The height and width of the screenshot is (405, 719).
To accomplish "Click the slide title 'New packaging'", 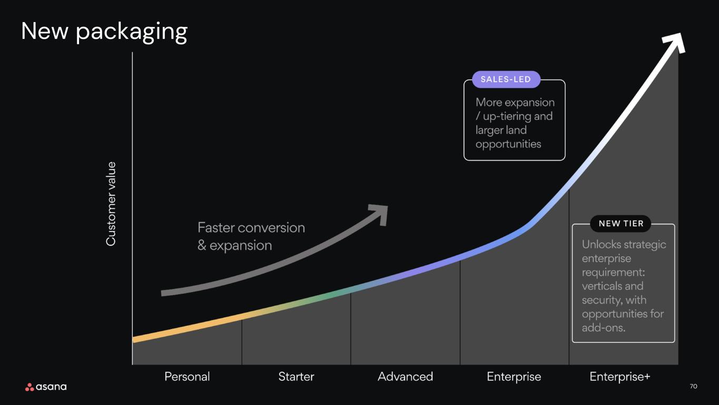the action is (104, 32).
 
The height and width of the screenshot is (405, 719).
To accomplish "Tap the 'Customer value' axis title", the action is (111, 204).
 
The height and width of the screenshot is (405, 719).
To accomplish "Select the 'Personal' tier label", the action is (187, 377).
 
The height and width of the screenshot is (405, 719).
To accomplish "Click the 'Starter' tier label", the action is (296, 377).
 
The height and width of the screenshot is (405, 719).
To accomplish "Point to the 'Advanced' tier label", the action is (406, 377).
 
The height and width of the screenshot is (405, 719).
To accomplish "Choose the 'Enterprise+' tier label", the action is (620, 377).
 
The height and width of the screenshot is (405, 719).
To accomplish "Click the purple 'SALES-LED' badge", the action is (506, 80).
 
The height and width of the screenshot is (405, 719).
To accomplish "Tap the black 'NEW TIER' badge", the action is (621, 224).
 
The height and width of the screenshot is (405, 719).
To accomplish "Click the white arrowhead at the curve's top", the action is (676, 41).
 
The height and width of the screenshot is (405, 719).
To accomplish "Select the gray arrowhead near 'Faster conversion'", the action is (380, 214).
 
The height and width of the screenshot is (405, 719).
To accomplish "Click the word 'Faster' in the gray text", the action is (216, 228).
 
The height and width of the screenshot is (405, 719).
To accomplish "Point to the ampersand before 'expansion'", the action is (202, 245).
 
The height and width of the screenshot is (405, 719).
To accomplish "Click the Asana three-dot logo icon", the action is (29, 387).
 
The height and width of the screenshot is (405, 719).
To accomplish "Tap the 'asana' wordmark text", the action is (52, 387).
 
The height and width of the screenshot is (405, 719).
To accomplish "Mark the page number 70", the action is (693, 387).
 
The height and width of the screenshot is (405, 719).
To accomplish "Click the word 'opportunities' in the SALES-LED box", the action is (508, 144).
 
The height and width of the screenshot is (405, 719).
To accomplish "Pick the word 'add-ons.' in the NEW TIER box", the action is (604, 328).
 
